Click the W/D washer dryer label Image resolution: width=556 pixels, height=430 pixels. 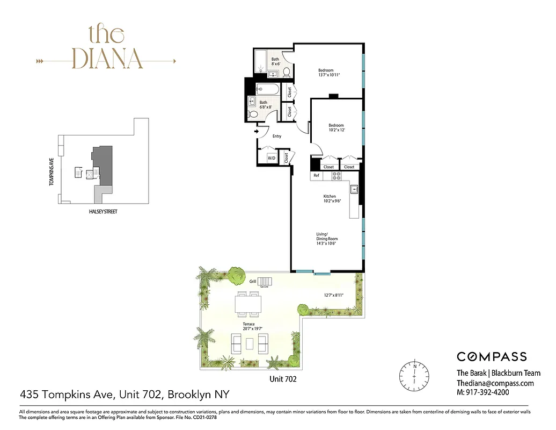[271, 158]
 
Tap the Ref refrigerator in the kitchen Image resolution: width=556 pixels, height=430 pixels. [316, 175]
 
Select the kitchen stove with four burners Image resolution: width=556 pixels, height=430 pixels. [337, 175]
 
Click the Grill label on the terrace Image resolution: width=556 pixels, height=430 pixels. [253, 281]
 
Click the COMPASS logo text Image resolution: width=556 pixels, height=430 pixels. [492, 356]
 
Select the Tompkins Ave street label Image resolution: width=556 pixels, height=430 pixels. [52, 170]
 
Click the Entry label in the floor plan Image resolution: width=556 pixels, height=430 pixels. [277, 136]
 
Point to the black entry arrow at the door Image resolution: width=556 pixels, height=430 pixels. [257, 131]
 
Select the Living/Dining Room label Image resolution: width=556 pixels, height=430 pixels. [326, 236]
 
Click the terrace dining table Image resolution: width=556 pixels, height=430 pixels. [248, 305]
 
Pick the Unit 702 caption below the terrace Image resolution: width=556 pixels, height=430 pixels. [282, 378]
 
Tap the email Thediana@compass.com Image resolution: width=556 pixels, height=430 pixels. [495, 383]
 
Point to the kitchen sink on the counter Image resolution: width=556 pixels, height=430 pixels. [355, 189]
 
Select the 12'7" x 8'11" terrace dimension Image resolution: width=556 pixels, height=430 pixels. [333, 295]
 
